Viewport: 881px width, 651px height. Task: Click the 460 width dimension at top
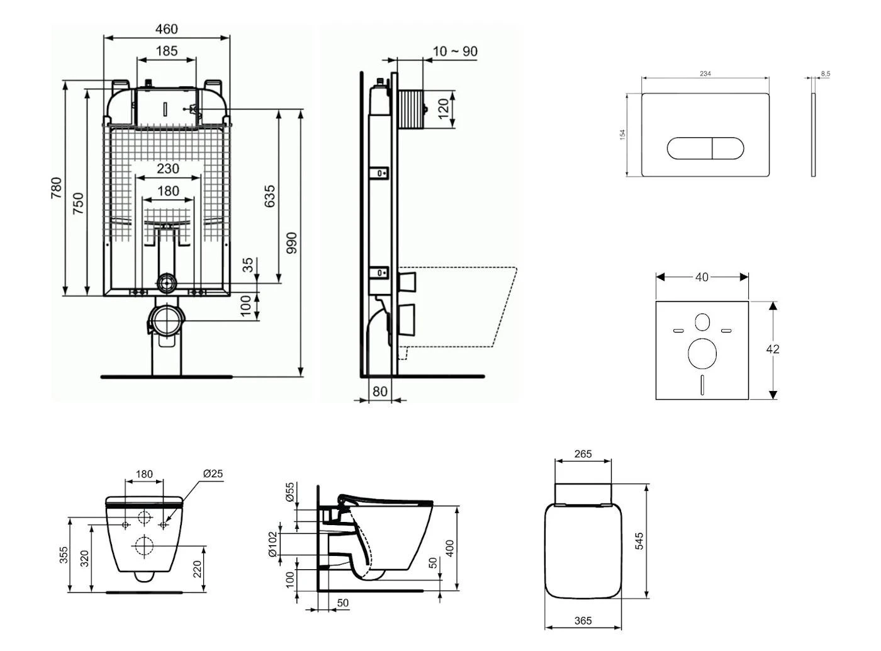pyautogui.click(x=166, y=29)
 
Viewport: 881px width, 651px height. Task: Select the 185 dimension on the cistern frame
pyautogui.click(x=166, y=51)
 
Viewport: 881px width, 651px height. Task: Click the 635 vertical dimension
pyautogui.click(x=270, y=197)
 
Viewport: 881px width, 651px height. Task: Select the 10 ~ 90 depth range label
pyautogui.click(x=455, y=52)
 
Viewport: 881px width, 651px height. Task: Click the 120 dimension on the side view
pyautogui.click(x=444, y=108)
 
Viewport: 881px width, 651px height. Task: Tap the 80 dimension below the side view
pyautogui.click(x=380, y=392)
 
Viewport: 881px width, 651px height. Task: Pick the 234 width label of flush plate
pyautogui.click(x=705, y=74)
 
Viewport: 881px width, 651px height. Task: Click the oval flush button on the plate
pyautogui.click(x=705, y=148)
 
